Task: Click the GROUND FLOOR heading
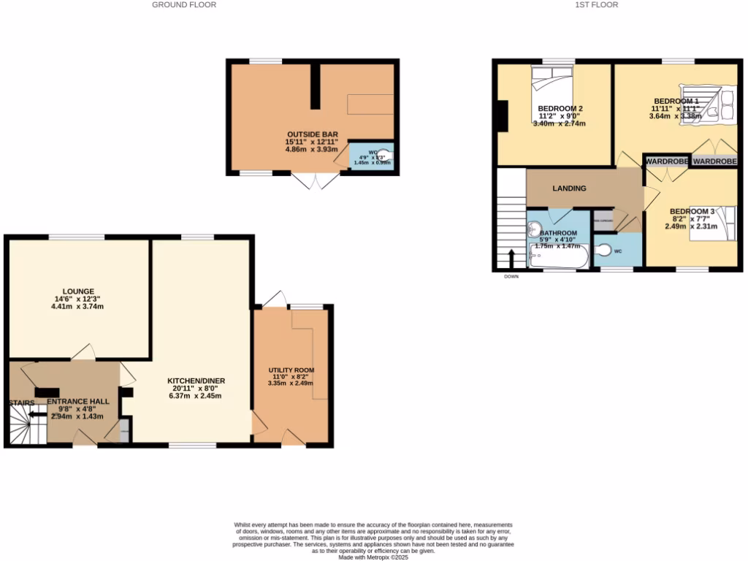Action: click(184, 4)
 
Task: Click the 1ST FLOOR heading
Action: click(597, 4)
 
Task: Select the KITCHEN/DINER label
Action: click(196, 381)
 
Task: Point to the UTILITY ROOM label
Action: click(291, 370)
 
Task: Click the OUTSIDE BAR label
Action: click(312, 134)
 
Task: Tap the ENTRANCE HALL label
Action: click(78, 402)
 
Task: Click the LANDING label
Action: click(569, 188)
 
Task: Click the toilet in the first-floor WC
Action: click(603, 251)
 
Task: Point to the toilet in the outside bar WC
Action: click(384, 155)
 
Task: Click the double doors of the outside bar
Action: click(315, 180)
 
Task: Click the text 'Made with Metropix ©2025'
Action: click(373, 557)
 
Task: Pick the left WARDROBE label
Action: click(666, 161)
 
